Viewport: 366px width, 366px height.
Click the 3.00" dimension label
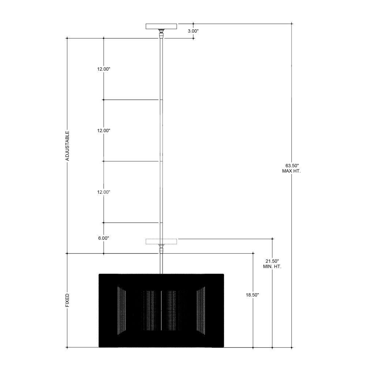[x=193, y=31]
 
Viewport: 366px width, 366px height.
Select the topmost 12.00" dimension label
[x=104, y=69]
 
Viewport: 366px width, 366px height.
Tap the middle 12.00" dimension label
[x=104, y=131]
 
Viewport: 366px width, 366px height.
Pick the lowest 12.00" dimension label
[x=104, y=192]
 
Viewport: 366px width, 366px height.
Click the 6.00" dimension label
[x=104, y=238]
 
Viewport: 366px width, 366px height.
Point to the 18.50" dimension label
[x=252, y=295]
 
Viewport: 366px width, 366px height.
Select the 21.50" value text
[x=272, y=261]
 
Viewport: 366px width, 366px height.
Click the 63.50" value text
[x=292, y=166]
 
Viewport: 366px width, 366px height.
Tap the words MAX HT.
[x=292, y=171]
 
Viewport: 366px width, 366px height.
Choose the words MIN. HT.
[x=272, y=266]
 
